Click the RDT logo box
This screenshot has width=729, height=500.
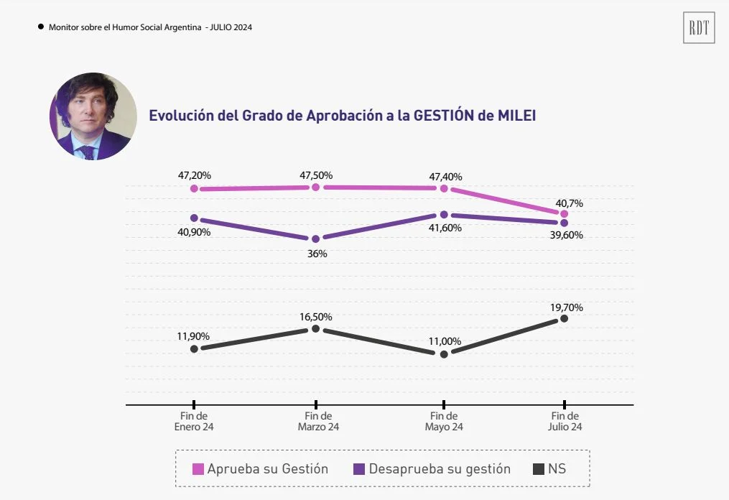[699, 28]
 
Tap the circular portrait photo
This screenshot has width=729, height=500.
[93, 116]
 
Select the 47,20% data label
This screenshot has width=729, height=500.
[194, 175]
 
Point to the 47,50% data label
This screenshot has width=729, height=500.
[317, 175]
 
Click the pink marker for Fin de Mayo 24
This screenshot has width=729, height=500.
[444, 188]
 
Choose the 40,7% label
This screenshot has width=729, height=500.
[565, 203]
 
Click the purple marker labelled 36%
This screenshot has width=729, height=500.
[315, 239]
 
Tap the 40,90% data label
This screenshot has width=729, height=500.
[194, 232]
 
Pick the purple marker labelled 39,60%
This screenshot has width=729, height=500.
[565, 223]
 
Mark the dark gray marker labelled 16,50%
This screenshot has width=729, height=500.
[315, 328]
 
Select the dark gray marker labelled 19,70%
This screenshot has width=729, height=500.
[565, 318]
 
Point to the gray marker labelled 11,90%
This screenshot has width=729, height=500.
[194, 348]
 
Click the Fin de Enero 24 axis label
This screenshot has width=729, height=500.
[194, 421]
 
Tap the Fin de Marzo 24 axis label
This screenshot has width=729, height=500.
[318, 421]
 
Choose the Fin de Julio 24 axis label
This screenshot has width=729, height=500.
[565, 421]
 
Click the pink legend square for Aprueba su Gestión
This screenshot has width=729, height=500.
[198, 470]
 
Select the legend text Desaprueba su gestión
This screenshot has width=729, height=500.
[440, 469]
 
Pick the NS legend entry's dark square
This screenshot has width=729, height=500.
[538, 470]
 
